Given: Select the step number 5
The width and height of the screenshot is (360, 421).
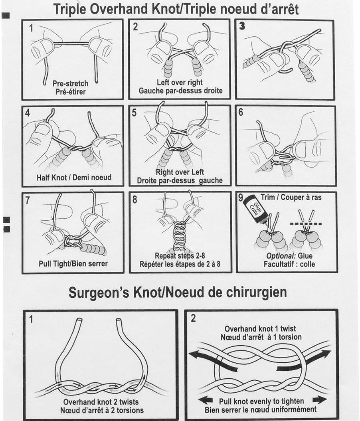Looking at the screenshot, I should click(x=135, y=113).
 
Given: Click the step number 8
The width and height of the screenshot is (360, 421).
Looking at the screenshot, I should click(x=135, y=199).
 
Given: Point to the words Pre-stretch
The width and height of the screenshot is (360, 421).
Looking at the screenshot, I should click(x=71, y=83).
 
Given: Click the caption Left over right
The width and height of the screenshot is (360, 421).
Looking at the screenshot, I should click(x=180, y=83).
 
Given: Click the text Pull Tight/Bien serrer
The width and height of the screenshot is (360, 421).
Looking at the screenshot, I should click(x=73, y=263).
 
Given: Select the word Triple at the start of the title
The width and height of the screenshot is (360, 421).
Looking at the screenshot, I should click(x=69, y=9).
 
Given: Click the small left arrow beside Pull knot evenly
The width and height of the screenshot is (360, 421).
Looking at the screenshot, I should click(x=205, y=400).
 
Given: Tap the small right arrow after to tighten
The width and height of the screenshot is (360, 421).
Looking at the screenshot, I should click(x=318, y=400).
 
